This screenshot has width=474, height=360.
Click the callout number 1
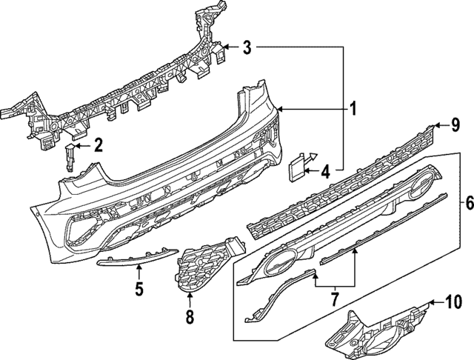354,110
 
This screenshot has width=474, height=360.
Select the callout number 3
247,49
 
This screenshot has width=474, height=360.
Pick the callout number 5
138,288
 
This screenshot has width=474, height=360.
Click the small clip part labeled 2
70,156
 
